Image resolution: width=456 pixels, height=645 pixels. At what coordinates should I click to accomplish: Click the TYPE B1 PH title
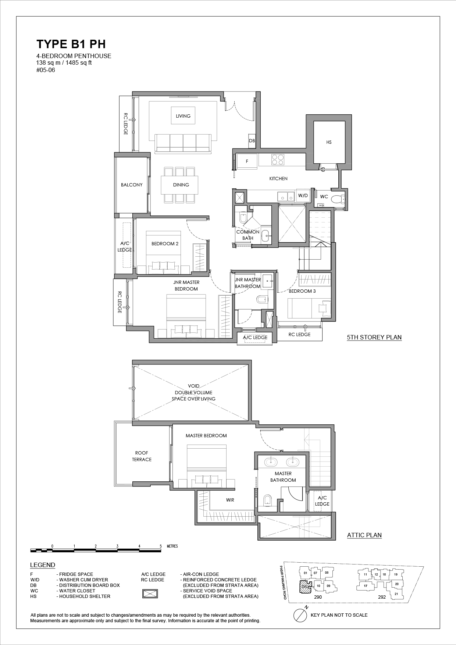click(x=71, y=44)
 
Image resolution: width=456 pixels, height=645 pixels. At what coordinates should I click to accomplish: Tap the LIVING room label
click(x=183, y=116)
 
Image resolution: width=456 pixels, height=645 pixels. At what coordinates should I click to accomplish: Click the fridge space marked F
click(x=247, y=161)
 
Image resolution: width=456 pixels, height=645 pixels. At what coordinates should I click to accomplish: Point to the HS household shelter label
click(x=329, y=142)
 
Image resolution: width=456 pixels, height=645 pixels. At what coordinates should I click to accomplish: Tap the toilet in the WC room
click(x=338, y=199)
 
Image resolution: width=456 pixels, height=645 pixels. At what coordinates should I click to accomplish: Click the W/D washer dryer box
click(x=303, y=196)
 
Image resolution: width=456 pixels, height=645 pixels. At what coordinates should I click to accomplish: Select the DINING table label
click(x=181, y=185)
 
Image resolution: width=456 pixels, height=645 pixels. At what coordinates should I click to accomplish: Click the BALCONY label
click(x=132, y=185)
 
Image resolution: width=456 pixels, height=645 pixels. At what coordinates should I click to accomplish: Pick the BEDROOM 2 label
click(x=165, y=243)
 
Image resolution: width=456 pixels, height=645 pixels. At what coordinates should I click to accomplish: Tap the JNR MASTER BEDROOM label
click(x=186, y=285)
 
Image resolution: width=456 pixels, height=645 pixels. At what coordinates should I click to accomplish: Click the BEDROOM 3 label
click(x=302, y=291)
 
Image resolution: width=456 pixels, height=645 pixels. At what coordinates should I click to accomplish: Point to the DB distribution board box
click(x=252, y=141)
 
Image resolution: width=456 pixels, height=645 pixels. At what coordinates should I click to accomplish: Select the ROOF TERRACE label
click(x=142, y=456)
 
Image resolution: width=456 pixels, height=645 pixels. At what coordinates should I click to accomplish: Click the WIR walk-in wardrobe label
click(x=230, y=500)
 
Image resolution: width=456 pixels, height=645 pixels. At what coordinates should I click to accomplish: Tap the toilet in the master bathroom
click(x=267, y=500)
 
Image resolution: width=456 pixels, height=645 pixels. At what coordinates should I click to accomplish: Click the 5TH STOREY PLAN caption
click(x=374, y=337)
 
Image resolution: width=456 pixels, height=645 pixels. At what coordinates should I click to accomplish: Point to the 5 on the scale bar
click(x=161, y=546)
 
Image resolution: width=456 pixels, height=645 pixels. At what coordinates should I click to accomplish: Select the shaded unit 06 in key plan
click(x=304, y=586)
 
